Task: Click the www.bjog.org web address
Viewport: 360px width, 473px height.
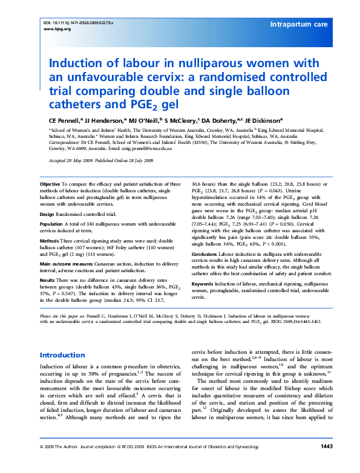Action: (x=50, y=28)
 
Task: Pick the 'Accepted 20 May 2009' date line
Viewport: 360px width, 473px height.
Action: (x=67, y=160)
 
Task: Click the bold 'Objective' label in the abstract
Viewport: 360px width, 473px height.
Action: (x=50, y=183)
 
